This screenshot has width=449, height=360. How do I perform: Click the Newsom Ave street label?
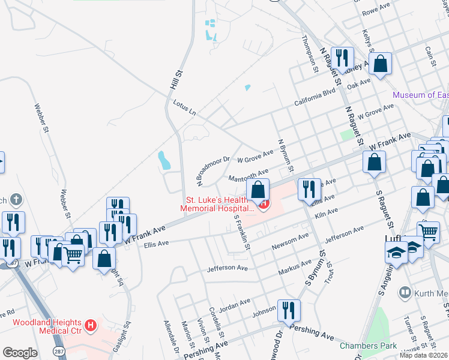point(290,241)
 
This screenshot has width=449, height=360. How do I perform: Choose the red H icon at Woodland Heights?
point(90,326)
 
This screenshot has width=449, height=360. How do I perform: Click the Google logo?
point(19,352)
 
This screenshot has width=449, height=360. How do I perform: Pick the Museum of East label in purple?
point(421,95)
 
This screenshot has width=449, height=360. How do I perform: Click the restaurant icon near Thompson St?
point(342,58)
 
